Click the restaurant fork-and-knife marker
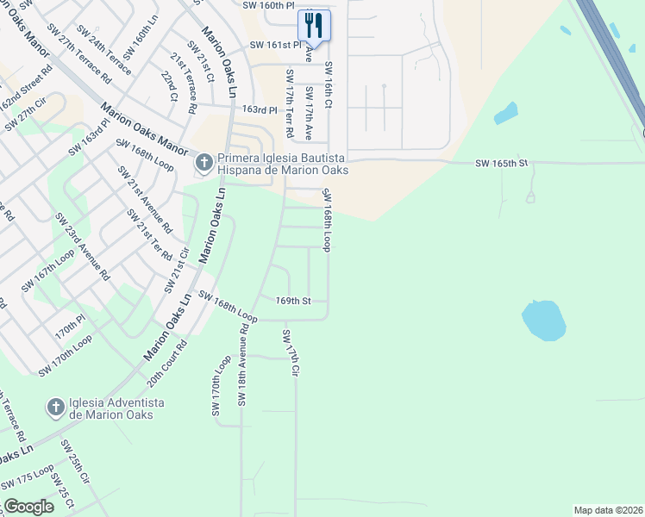click(x=313, y=26)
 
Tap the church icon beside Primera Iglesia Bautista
click(x=204, y=162)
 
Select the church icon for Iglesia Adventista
click(x=55, y=408)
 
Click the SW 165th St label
click(x=501, y=164)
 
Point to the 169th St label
click(x=292, y=301)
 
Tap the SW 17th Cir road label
click(x=289, y=352)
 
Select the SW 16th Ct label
click(x=328, y=84)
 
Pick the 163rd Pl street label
click(x=260, y=109)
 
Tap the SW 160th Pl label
click(x=269, y=4)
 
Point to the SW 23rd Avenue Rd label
click(x=82, y=246)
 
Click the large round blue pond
click(x=544, y=321)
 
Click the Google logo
click(x=29, y=507)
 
